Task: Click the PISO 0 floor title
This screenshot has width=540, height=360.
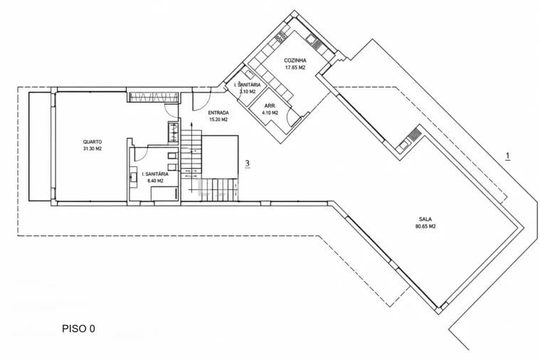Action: pyautogui.click(x=78, y=329)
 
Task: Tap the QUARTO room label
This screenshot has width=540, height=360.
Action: pyautogui.click(x=92, y=142)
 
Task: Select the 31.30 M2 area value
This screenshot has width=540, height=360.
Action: pyautogui.click(x=92, y=149)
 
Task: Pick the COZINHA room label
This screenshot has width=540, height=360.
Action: pyautogui.click(x=295, y=60)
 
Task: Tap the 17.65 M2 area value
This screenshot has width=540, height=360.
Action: pyautogui.click(x=295, y=68)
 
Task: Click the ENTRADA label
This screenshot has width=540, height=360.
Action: pyautogui.click(x=218, y=112)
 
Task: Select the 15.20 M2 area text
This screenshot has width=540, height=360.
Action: pyautogui.click(x=218, y=120)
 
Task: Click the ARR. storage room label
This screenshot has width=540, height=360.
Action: pyautogui.click(x=270, y=106)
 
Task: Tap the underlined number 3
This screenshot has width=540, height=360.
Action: pyautogui.click(x=248, y=164)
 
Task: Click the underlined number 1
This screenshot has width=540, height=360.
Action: pyautogui.click(x=507, y=156)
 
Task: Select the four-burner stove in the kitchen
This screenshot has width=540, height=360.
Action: pyautogui.click(x=281, y=36)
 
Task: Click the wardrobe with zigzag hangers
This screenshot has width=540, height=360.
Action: pyautogui.click(x=153, y=97)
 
